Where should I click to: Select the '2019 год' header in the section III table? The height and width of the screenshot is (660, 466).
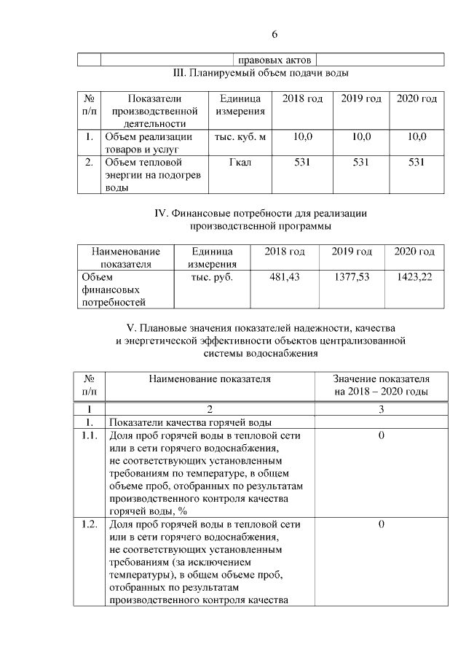coord(361,98)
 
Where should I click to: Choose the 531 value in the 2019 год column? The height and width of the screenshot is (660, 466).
coord(361,162)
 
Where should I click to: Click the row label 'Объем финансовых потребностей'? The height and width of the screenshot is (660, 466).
coord(113,289)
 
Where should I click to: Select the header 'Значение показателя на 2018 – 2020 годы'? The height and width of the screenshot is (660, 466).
coord(381,385)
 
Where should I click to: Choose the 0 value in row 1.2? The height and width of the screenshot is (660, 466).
coord(381,524)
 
